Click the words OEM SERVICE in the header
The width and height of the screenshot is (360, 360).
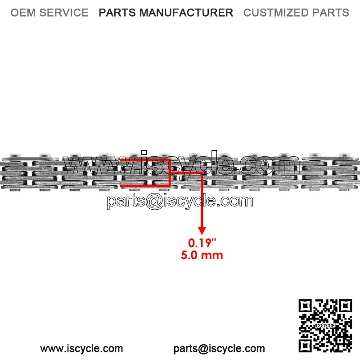coord(49,13)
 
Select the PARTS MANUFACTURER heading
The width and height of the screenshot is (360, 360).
coord(166,13)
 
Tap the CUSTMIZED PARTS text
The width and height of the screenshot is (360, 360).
coord(296,13)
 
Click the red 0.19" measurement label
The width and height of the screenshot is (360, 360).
coord(202,243)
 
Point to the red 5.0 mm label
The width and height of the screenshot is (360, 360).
coord(202,255)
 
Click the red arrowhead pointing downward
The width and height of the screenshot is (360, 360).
coord(202,230)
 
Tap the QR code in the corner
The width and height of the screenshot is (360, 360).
coord(325,325)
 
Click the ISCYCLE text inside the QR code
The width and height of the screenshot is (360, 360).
coord(325,325)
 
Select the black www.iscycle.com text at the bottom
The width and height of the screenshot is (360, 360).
coord(81,348)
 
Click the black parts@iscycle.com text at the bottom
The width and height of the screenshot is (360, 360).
coord(219,348)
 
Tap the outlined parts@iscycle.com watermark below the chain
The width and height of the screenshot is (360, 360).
coord(180,201)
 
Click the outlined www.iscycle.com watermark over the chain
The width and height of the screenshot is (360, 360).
coord(181,163)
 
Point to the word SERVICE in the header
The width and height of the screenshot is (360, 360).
coord(64,13)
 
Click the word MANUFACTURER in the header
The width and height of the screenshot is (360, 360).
coord(186,13)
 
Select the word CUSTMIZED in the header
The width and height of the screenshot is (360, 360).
coord(276,13)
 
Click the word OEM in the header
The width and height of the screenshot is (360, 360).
coord(23,13)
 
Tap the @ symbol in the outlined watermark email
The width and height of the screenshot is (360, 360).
coord(154,202)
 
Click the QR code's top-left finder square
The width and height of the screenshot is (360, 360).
coord(305,306)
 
